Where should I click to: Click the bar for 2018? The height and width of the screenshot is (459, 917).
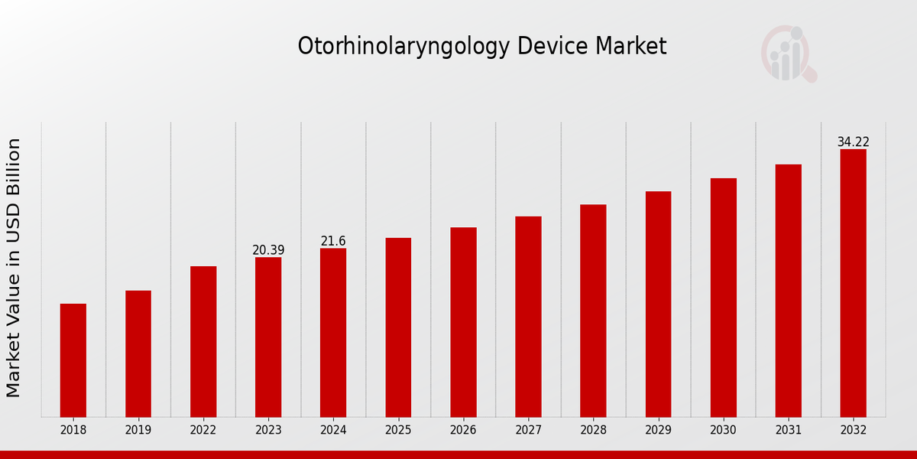point(73,360)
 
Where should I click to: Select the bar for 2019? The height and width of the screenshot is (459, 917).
point(138,353)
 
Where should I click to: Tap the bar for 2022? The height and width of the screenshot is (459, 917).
point(203,341)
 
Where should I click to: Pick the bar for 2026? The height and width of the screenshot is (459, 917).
point(463,321)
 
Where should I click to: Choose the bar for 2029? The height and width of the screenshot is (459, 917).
point(658,304)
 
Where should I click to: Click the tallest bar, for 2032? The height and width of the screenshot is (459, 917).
point(853,283)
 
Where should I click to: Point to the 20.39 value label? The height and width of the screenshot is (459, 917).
point(268,250)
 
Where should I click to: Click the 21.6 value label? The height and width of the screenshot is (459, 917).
point(333,241)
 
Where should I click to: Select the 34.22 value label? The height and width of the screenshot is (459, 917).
point(853,142)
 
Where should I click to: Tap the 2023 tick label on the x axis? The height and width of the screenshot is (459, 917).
point(268,430)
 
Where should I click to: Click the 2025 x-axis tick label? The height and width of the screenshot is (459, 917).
point(398,430)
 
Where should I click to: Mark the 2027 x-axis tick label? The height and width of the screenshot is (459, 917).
point(528,430)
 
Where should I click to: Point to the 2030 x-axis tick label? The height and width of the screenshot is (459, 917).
point(723,430)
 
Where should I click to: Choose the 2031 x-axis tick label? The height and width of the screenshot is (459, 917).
point(788,430)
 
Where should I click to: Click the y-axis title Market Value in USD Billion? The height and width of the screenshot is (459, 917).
point(14,268)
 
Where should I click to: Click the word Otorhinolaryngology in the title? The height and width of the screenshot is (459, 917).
point(403,47)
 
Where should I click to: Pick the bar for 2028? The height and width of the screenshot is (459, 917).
point(593,311)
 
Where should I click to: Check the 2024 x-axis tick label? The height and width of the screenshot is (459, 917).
point(333,430)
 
